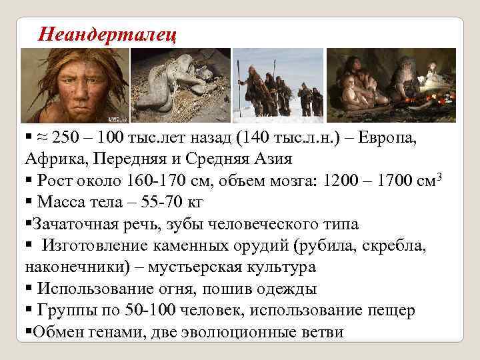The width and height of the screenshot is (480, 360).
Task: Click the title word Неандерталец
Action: tap(107, 33)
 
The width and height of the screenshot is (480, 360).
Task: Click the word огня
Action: tap(173, 289)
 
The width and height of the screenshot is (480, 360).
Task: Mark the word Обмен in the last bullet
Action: tap(55, 332)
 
